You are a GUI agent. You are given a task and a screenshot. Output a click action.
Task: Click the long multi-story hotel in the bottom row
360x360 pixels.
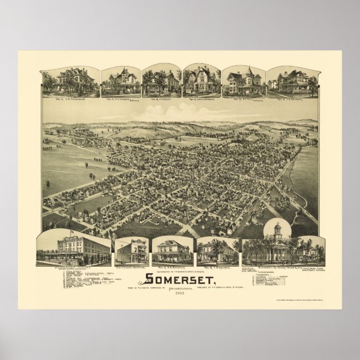74,248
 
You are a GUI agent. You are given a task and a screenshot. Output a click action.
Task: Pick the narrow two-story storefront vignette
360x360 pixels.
132,251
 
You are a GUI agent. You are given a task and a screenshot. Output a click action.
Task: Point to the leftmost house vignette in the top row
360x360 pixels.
70,82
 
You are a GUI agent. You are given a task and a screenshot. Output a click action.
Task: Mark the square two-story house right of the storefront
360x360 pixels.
172,252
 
